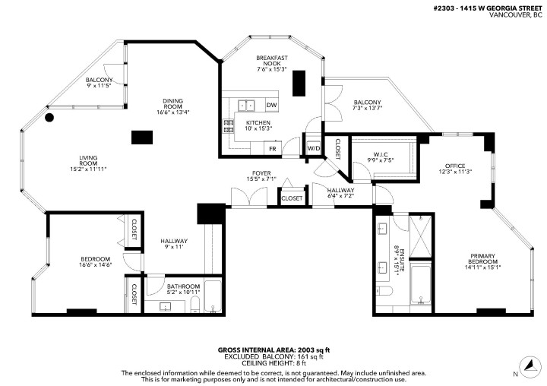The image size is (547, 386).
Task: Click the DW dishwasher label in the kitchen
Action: [x=271, y=106]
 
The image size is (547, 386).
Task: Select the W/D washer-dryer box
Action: [x=312, y=148]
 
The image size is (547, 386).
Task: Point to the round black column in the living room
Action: [x=49, y=118]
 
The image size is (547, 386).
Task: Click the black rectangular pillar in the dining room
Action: [x=141, y=138]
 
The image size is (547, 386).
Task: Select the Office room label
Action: [x=454, y=165]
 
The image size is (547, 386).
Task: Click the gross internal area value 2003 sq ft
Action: [x=312, y=350]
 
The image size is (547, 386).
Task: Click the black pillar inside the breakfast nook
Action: [x=299, y=81]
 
